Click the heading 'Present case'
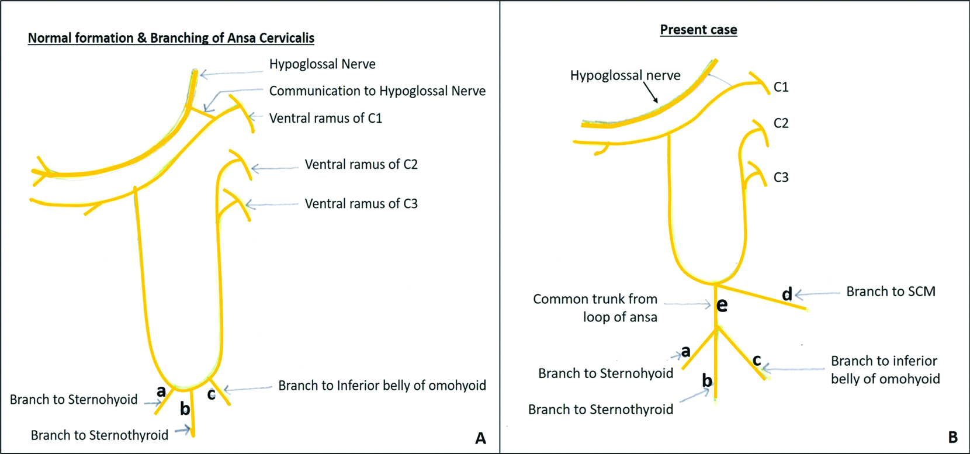[698, 30]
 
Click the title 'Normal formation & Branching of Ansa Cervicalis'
[171, 39]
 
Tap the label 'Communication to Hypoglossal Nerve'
[377, 91]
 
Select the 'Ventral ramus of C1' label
[325, 119]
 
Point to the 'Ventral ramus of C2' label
[361, 165]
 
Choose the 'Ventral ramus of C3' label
[361, 204]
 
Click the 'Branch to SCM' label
[891, 292]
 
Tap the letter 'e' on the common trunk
[722, 305]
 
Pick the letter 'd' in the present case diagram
[787, 294]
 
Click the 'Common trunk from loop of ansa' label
[595, 308]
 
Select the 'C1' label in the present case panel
[781, 88]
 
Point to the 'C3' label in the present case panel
[781, 178]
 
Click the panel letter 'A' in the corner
[480, 438]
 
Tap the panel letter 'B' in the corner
[952, 437]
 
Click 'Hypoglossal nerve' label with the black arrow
[625, 76]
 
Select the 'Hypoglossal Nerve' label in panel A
[322, 64]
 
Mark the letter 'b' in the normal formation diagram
[185, 409]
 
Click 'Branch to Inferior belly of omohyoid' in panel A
[382, 386]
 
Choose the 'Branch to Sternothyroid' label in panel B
[600, 410]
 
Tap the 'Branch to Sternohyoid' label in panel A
[74, 400]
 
